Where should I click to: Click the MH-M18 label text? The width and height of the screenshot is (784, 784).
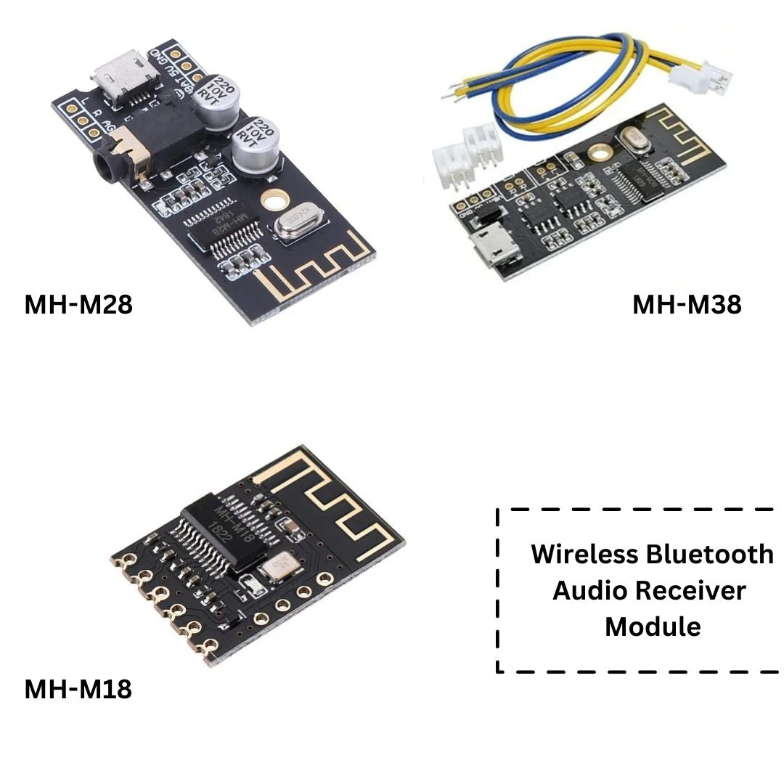click(x=78, y=689)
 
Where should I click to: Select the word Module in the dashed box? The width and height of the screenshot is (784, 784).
click(x=653, y=626)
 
